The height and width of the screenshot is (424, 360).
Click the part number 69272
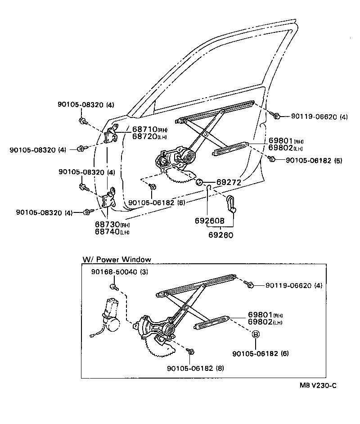click(x=229, y=182)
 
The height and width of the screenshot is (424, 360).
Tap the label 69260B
click(x=210, y=221)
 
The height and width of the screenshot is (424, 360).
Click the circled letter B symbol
click(x=255, y=334)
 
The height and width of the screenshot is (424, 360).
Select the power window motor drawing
click(x=109, y=315)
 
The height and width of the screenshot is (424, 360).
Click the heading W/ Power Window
click(x=117, y=260)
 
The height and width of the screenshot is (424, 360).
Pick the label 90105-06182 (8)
click(x=195, y=368)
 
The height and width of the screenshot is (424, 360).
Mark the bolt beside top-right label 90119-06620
click(x=277, y=116)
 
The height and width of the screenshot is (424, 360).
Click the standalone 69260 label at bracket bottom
click(x=220, y=234)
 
